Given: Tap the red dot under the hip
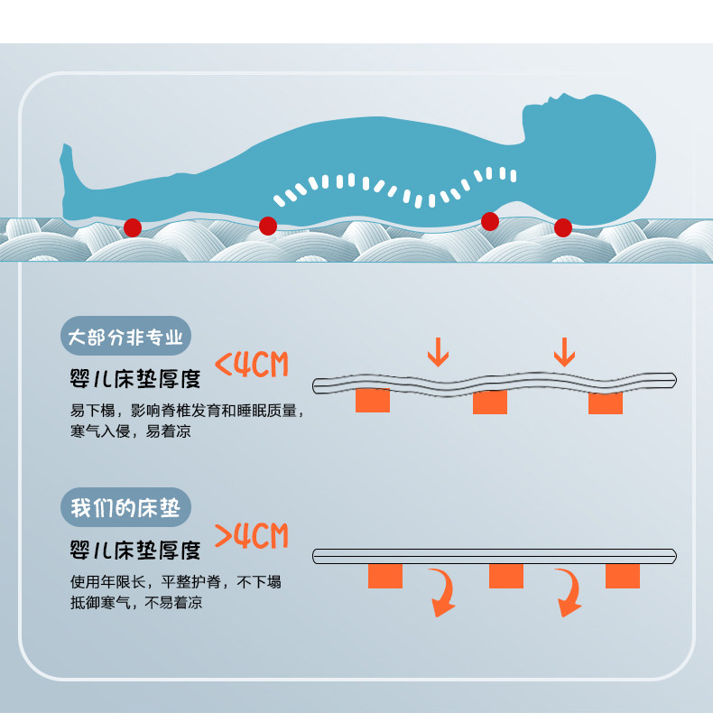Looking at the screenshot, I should [268, 226].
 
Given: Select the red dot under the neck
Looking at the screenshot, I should [490, 220].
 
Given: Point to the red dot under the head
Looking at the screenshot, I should [562, 227].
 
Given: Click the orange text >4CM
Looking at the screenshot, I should [251, 536].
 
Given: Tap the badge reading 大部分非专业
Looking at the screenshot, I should [126, 338].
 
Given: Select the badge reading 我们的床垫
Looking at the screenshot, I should [125, 507].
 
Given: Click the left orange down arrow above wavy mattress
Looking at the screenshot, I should [438, 352].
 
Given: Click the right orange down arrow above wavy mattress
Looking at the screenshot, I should [564, 351].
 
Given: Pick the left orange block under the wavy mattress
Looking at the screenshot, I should [372, 400].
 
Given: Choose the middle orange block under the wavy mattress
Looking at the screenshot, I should [490, 403].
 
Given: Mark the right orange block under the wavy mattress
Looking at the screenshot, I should [606, 403].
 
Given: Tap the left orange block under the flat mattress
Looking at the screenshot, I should [384, 576].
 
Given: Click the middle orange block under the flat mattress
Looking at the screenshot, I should [505, 576].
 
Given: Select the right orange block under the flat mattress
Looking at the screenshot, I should [623, 576].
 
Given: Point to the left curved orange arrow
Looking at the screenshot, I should [442, 594].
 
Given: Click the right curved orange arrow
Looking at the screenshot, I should [568, 594].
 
